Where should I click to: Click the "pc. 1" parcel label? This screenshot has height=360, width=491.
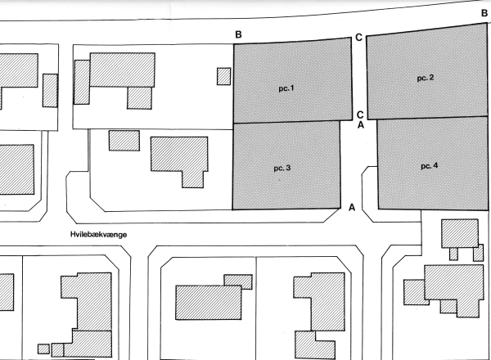tap(286, 88)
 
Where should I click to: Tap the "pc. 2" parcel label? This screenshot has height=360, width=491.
tap(426, 78)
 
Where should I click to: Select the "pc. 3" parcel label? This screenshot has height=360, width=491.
tap(282, 168)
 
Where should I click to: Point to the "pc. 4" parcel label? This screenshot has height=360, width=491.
tap(430, 166)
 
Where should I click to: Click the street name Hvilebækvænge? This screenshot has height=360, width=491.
tap(99, 235)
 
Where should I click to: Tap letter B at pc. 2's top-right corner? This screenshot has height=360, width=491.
tap(484, 13)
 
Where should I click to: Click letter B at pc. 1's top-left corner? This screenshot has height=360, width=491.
tap(238, 34)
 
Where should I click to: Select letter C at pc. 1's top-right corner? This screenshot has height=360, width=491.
tap(359, 38)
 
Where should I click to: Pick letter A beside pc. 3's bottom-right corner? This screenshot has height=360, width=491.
tap(352, 207)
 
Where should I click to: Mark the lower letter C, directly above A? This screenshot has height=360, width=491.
tap(360, 115)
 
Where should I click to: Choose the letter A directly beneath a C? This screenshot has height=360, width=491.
tap(361, 124)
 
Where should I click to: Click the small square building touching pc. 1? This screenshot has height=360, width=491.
tap(224, 76)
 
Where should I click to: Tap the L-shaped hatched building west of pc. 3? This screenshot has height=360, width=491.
tap(179, 162)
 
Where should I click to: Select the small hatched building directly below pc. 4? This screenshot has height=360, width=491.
tap(460, 233)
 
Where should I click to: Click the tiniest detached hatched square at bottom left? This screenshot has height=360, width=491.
tap(43, 349)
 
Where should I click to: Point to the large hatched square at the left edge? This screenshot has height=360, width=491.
tap(16, 169)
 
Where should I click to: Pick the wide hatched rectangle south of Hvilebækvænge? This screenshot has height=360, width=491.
tap(208, 303)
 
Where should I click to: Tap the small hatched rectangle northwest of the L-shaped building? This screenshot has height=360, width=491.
tap(124, 141)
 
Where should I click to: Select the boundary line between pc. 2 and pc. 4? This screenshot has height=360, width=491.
tap(427, 118)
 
